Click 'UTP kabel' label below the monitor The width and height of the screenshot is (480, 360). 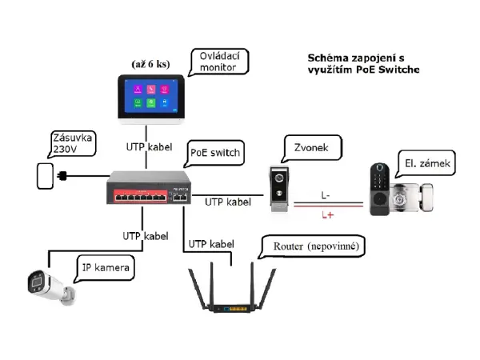coord(150,147)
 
